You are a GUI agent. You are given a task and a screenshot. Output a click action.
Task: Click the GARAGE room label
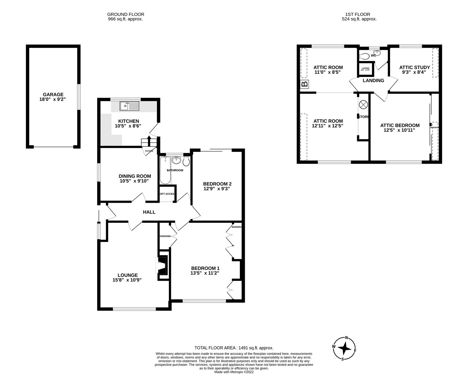click(53, 94)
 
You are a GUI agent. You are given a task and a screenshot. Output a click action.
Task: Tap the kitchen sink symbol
click(129, 106)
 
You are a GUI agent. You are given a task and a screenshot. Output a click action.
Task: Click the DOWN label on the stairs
click(149, 151)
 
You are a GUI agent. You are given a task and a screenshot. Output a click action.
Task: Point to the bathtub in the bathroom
click(165, 171)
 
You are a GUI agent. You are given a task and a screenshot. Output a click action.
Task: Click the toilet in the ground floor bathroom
click(186, 161)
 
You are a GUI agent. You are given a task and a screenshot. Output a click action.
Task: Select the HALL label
click(149, 212)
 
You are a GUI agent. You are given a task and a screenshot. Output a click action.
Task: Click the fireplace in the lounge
click(162, 266)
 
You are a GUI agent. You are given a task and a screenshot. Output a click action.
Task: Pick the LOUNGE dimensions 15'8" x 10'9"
click(127, 280)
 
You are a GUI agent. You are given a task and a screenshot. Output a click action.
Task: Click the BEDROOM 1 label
click(205, 268)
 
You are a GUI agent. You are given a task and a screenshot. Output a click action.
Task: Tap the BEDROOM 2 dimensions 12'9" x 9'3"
click(217, 189)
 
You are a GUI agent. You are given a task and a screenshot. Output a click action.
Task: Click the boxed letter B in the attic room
click(305, 84)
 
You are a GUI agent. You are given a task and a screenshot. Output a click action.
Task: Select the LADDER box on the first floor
click(365, 69)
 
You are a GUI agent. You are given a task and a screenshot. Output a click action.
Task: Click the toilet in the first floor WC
click(364, 56)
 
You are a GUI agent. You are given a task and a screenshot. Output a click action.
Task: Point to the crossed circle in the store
click(363, 104)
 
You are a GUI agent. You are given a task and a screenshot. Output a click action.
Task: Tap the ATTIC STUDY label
click(414, 67)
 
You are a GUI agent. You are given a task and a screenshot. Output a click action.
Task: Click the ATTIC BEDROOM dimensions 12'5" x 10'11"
click(399, 130)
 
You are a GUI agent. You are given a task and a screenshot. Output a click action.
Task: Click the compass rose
click(344, 348)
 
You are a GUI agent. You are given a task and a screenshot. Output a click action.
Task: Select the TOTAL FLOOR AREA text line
click(234, 348)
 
